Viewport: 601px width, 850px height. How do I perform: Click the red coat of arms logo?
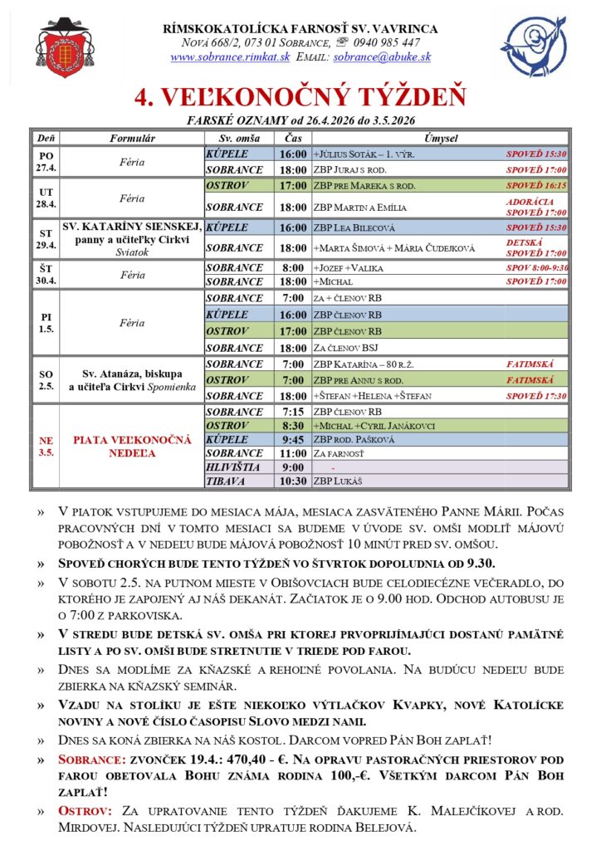coord(65,47)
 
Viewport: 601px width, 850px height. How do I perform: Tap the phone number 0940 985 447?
coord(386,42)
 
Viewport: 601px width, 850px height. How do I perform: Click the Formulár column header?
coord(132,138)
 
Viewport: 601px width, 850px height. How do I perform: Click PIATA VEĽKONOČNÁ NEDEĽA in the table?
coord(132,445)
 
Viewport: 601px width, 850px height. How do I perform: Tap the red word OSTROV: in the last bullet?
coord(84,808)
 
